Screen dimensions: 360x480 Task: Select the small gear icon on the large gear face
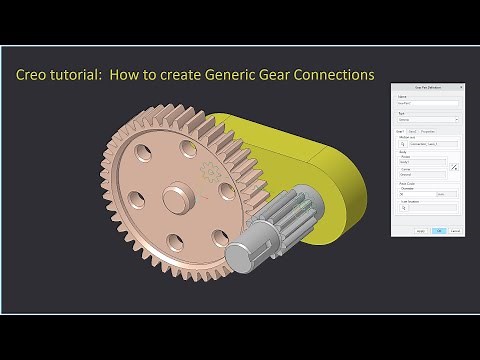[x=207, y=172]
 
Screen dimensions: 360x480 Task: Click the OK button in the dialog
[x=439, y=231]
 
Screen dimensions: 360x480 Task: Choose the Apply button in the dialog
[x=421, y=231]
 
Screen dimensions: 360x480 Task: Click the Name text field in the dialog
[x=427, y=104]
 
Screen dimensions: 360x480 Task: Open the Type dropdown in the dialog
[x=427, y=120]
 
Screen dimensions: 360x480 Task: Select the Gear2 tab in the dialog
[x=413, y=131]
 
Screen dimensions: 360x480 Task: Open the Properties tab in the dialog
[x=428, y=131]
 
